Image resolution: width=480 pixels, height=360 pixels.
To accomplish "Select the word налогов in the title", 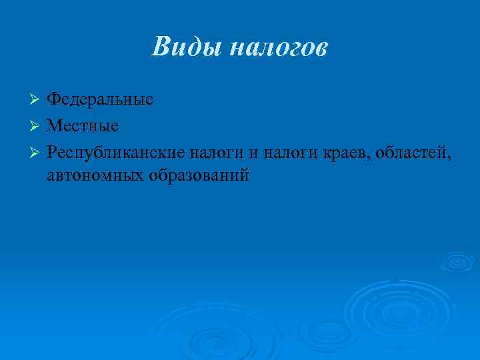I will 279,47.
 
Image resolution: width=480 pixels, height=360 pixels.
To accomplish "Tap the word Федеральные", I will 100,99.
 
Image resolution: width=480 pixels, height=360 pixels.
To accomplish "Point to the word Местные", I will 83,125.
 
